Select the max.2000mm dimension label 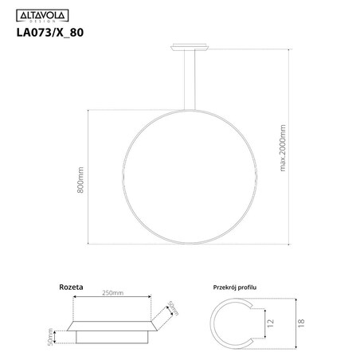click(x=284, y=147)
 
